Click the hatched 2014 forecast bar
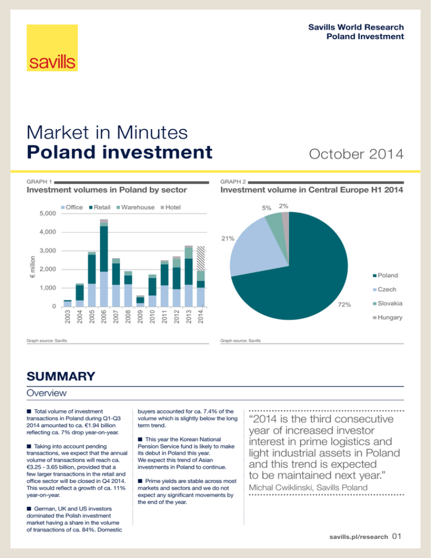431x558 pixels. point(201,275)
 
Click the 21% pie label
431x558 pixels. point(227,239)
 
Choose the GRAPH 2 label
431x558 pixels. point(232,182)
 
